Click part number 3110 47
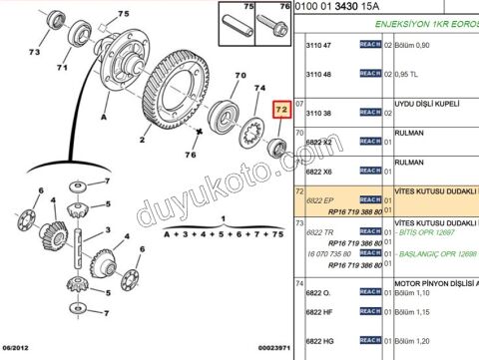pos(318,47)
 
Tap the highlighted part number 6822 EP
pos(319,200)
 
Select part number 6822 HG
pos(319,341)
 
